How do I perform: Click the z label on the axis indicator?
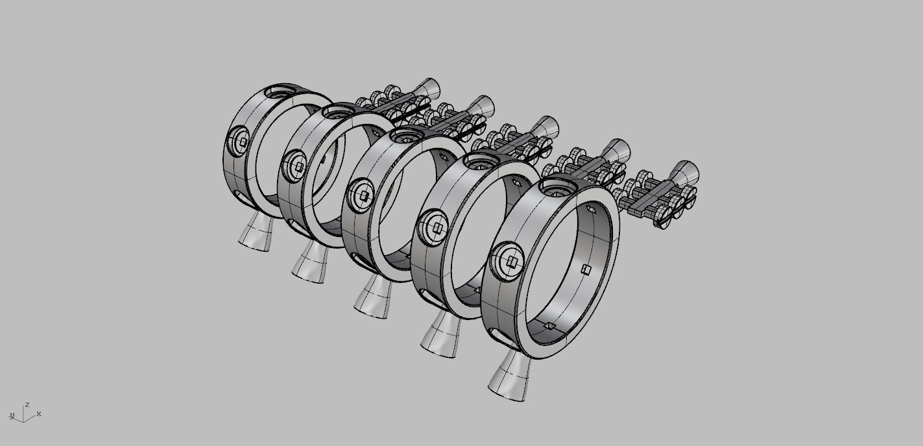pos(27,404)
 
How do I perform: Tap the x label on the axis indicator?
pos(39,414)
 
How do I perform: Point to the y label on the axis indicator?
pos(12,415)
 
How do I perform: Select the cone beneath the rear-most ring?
pos(256,234)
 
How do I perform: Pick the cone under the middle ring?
pos(375,298)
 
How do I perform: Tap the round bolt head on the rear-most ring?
pos(240,142)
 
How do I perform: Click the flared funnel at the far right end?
pos(685,173)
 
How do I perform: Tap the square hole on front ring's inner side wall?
pos(586,269)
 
